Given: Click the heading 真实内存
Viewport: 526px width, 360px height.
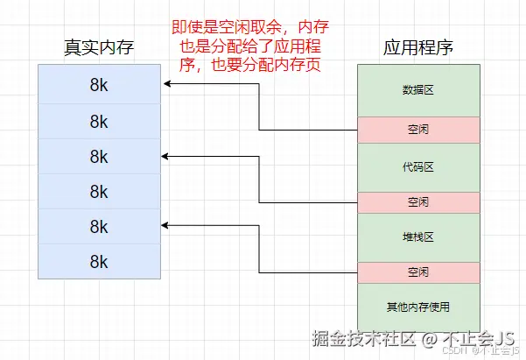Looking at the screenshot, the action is (x=99, y=47).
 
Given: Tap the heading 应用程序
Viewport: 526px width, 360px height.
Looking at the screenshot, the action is (x=419, y=47).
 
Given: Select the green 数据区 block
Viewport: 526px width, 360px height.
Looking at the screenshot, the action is (x=419, y=89).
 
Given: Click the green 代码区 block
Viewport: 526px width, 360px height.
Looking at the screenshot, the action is (x=419, y=166).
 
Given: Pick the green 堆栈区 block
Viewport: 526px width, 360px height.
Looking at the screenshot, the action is (x=419, y=236).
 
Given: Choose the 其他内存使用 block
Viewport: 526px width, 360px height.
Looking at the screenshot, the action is (x=419, y=307).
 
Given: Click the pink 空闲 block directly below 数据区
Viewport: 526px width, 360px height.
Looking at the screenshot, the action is (x=419, y=130).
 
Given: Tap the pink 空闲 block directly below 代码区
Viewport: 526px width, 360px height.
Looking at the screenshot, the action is (x=419, y=201).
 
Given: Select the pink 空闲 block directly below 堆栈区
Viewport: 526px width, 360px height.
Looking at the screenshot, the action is (x=419, y=272).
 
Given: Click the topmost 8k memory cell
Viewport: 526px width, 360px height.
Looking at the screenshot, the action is (x=99, y=86).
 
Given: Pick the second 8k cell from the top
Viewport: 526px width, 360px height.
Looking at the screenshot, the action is (x=99, y=121).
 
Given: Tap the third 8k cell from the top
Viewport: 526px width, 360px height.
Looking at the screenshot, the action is (x=99, y=156).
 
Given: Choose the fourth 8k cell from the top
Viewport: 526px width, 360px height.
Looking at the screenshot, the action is (x=99, y=191).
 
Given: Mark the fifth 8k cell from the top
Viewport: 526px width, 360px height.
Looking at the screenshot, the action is (x=99, y=226).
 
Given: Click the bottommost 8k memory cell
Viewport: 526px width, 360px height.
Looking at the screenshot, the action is (x=99, y=261).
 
